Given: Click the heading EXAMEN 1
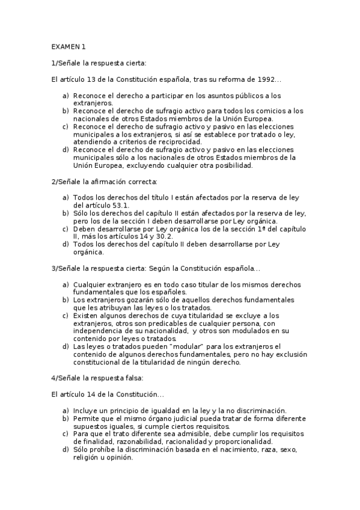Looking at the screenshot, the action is tap(69, 46).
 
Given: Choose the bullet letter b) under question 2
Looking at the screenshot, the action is tap(66, 213).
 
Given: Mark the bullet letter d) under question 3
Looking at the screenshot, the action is tap(66, 346).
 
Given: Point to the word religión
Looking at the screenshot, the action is tap(88, 457).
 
